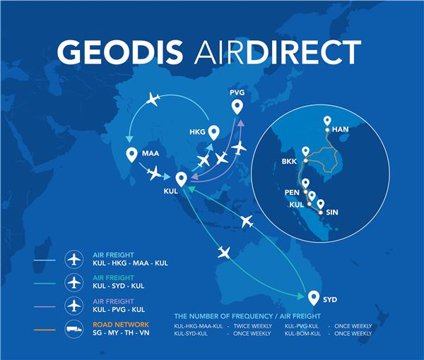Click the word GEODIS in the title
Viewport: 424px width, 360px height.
(120, 52)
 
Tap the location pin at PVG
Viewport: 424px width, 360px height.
(237, 107)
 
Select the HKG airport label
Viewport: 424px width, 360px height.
(197, 132)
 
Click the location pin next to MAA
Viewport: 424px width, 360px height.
(131, 155)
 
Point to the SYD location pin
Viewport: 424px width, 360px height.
(314, 298)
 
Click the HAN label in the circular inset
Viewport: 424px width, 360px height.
(340, 129)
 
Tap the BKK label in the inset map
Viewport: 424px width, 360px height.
(289, 162)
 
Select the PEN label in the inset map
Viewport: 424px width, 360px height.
(292, 192)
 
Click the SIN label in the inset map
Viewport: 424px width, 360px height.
(332, 212)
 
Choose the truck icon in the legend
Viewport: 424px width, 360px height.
(73, 329)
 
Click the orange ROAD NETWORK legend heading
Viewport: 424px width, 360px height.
(121, 325)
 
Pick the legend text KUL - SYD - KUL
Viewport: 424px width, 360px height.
(119, 286)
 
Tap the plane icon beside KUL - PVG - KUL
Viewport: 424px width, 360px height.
(74, 306)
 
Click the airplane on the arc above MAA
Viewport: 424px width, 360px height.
(153, 99)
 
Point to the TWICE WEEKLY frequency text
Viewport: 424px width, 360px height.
(253, 326)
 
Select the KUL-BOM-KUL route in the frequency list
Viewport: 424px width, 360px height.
(302, 334)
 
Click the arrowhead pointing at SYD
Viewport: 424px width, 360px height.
(300, 296)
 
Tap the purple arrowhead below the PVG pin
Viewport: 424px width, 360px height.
(241, 124)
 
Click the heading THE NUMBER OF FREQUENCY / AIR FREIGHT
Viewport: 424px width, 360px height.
(247, 316)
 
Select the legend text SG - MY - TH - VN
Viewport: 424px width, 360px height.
(121, 332)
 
